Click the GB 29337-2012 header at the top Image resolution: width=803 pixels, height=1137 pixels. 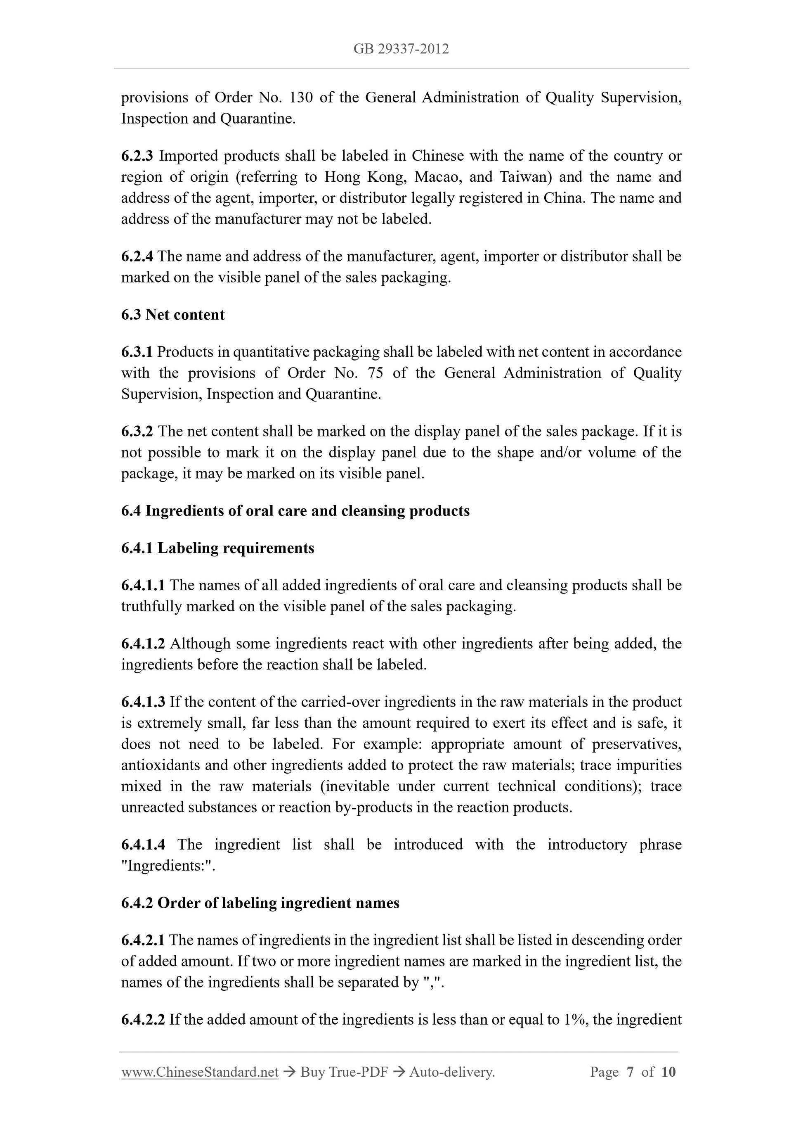tap(401, 49)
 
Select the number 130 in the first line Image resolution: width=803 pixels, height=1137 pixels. tap(301, 97)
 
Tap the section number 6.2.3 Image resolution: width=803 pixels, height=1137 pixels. tap(137, 156)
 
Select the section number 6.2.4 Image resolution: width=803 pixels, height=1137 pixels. tap(137, 256)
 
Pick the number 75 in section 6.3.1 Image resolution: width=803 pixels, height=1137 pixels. tap(375, 373)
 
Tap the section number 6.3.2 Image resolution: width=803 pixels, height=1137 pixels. tap(137, 431)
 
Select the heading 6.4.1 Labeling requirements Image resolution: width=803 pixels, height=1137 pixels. tap(218, 548)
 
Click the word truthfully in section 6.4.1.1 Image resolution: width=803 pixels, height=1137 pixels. tap(151, 607)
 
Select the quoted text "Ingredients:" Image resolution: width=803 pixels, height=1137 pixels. tap(167, 866)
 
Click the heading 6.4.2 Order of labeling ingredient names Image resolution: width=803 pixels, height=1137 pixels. tap(260, 903)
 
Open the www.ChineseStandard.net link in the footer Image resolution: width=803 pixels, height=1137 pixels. tap(200, 1072)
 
